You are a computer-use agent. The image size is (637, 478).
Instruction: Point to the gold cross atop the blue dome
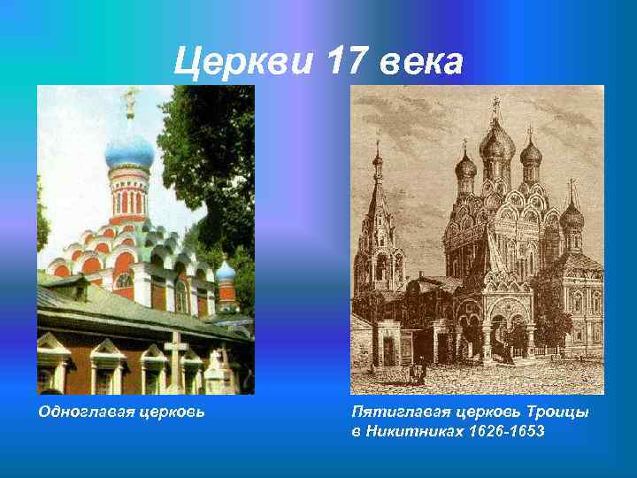click(130, 100)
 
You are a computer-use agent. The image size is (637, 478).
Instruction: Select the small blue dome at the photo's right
click(226, 269)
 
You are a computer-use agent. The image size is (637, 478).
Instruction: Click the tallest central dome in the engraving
click(495, 142)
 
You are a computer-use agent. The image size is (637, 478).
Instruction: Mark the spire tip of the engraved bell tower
click(378, 146)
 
